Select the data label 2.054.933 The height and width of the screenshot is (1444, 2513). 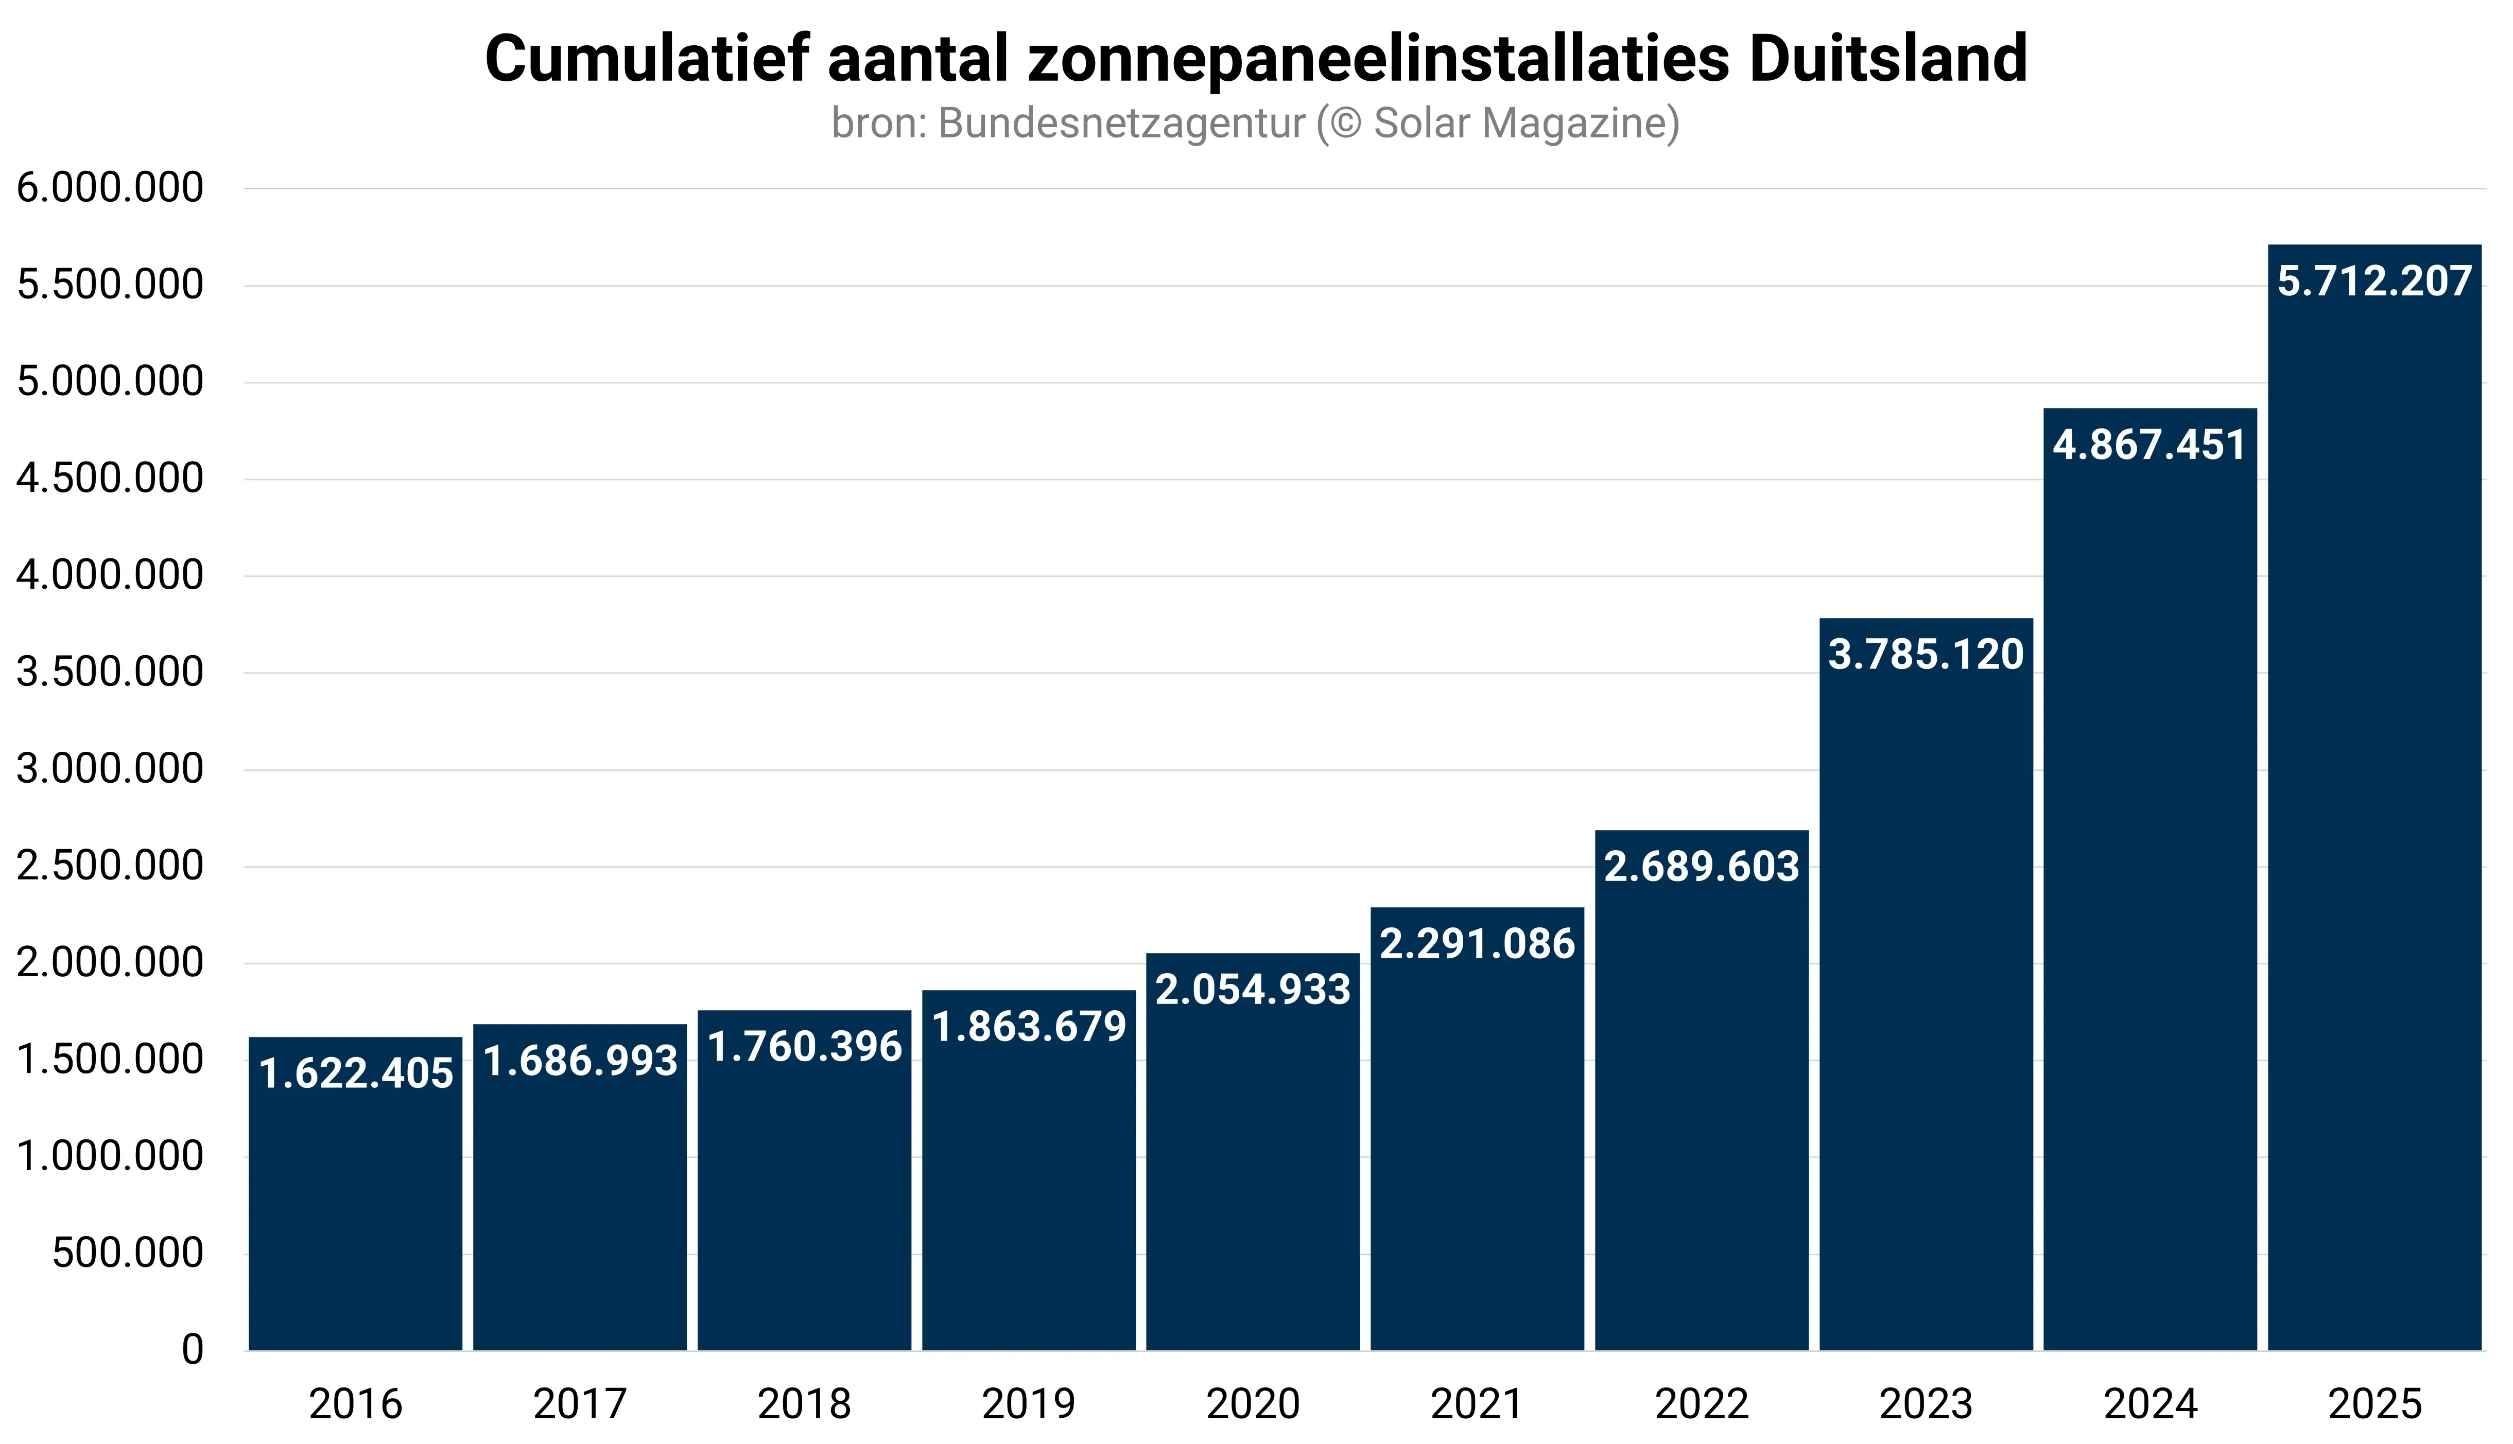[x=1253, y=990]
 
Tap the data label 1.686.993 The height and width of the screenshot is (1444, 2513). [x=580, y=1061]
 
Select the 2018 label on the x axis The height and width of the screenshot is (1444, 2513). [x=804, y=1403]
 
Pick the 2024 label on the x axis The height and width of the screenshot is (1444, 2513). [x=2150, y=1403]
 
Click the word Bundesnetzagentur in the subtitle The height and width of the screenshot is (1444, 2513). [x=1121, y=123]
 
